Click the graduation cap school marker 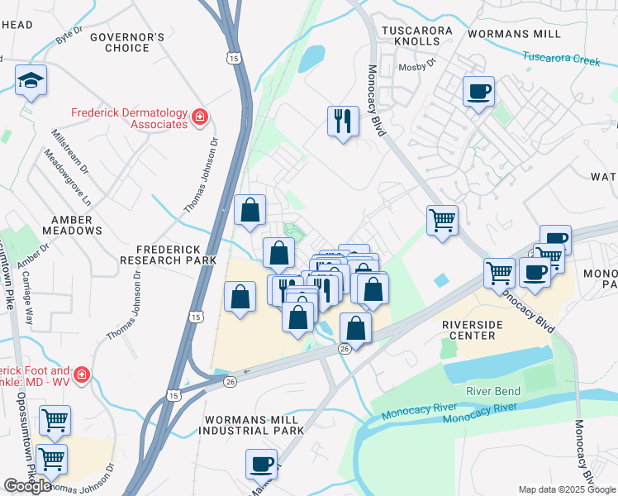(x=31, y=81)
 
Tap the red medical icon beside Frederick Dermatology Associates (x=199, y=118)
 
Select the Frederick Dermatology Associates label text (x=130, y=118)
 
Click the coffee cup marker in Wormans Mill (x=478, y=91)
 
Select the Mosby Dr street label (x=416, y=68)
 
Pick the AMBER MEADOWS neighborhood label (x=72, y=225)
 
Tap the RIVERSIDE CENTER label (x=483, y=330)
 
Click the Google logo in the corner (x=27, y=486)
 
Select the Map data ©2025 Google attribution (x=567, y=489)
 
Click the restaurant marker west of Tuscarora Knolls (x=342, y=122)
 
